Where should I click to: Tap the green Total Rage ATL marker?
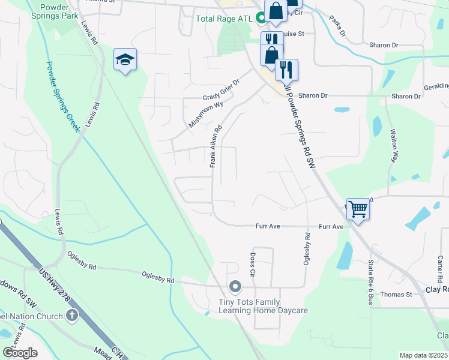(261, 18)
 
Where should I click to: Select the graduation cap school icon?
(125, 59)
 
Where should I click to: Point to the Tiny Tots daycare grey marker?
(235, 286)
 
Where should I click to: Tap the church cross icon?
(71, 316)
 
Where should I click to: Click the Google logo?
(20, 353)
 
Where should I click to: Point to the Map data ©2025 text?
(423, 355)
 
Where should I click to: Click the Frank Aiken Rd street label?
(216, 146)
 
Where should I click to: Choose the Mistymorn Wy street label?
(206, 112)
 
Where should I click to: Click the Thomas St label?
(396, 295)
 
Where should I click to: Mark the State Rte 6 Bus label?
(371, 283)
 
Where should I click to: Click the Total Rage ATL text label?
(225, 18)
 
